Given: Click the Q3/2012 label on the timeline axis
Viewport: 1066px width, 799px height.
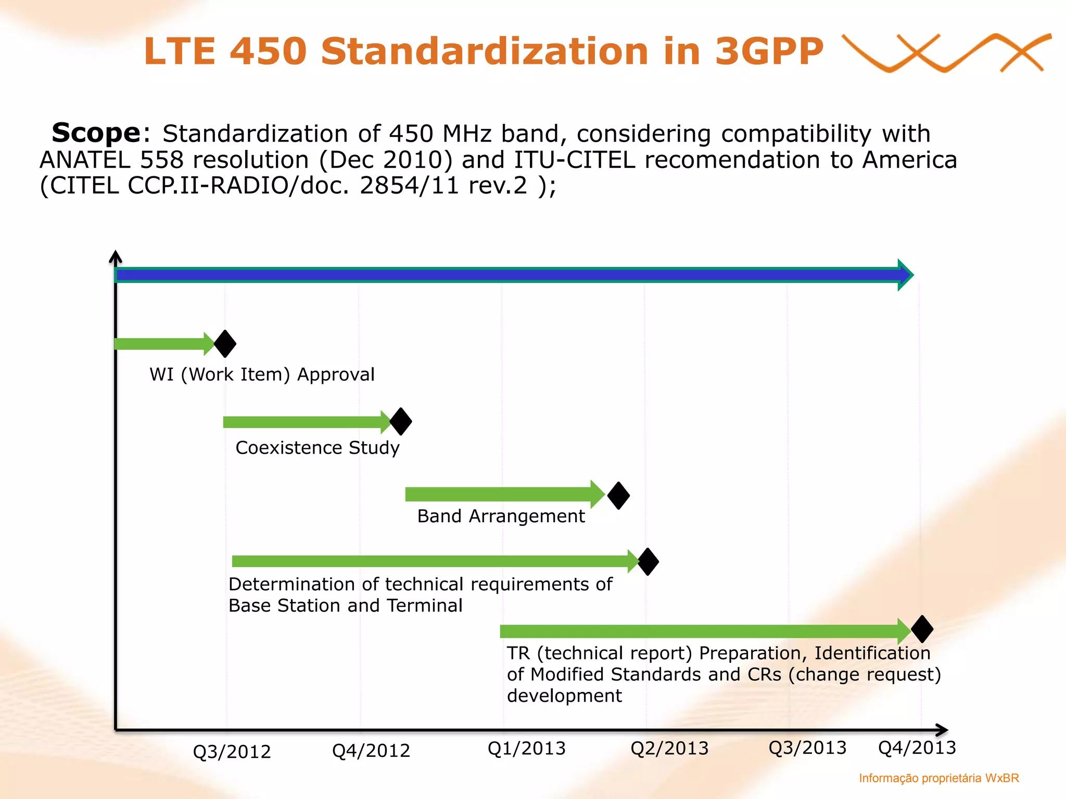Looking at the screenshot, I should pyautogui.click(x=232, y=752).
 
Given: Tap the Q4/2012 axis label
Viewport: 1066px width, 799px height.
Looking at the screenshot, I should pyautogui.click(x=371, y=751).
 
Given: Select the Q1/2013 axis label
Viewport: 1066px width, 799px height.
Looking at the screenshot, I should pyautogui.click(x=526, y=749).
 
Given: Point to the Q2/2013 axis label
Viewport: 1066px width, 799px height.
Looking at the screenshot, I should pyautogui.click(x=669, y=749).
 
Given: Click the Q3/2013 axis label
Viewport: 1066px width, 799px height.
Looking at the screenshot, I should pyautogui.click(x=807, y=748).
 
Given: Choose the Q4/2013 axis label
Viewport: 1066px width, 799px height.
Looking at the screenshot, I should pyautogui.click(x=917, y=748).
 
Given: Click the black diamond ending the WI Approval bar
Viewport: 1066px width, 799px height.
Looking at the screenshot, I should pyautogui.click(x=225, y=344).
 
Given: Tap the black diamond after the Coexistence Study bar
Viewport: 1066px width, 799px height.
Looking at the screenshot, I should pyautogui.click(x=401, y=421).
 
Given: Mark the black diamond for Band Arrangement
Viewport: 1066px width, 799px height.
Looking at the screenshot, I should pyautogui.click(x=618, y=495).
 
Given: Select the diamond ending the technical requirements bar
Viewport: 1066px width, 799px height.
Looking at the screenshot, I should pyautogui.click(x=648, y=562).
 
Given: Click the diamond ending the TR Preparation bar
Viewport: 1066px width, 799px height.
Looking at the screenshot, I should pyautogui.click(x=922, y=629).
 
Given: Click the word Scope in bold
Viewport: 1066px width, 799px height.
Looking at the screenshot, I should pyautogui.click(x=96, y=133).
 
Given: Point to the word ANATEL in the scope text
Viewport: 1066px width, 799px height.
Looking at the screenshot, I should pyautogui.click(x=85, y=160).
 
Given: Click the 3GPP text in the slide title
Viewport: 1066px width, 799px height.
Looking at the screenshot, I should pyautogui.click(x=769, y=51).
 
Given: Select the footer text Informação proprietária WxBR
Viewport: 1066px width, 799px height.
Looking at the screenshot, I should pyautogui.click(x=938, y=778).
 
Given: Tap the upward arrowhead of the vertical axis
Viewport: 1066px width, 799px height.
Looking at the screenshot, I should pyautogui.click(x=116, y=256).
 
